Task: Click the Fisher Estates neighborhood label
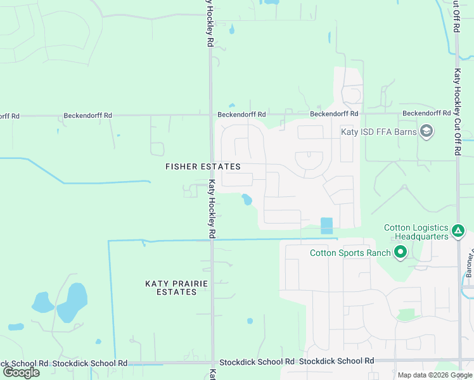203,167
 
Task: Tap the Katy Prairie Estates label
176,288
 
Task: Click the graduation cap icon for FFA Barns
426,132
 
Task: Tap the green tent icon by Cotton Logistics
458,232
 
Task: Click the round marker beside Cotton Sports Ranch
400,253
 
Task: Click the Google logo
21,372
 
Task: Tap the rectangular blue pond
326,226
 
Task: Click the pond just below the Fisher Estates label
246,200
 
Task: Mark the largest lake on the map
72,303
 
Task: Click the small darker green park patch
406,315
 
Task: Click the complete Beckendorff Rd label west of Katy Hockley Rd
87,116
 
